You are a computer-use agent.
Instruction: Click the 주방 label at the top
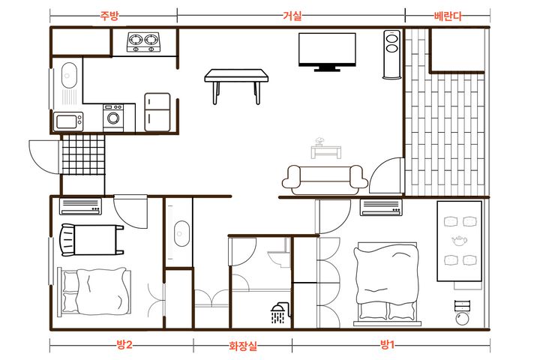click(x=109, y=16)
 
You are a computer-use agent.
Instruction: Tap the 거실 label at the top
click(x=292, y=16)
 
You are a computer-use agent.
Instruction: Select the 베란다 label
click(x=448, y=16)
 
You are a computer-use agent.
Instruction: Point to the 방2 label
click(x=124, y=344)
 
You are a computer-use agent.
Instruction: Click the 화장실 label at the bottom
click(x=243, y=346)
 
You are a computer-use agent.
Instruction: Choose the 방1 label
click(x=387, y=344)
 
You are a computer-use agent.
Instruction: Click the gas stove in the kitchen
click(x=143, y=42)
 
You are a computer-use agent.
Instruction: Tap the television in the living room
click(x=327, y=52)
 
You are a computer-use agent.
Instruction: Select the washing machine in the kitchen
click(x=113, y=118)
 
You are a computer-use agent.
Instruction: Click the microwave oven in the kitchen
click(x=68, y=121)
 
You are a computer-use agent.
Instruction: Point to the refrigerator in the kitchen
click(x=157, y=112)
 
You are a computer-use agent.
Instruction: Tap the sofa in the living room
click(x=325, y=179)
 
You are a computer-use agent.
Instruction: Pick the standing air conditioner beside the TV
click(x=392, y=55)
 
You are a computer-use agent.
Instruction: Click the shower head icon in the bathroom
click(x=280, y=313)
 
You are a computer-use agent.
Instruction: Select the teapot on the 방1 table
click(x=460, y=241)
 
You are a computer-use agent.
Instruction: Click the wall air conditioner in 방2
click(x=80, y=206)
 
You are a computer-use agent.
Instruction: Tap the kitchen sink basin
click(x=69, y=75)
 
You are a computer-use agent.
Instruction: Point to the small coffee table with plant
click(x=325, y=148)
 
